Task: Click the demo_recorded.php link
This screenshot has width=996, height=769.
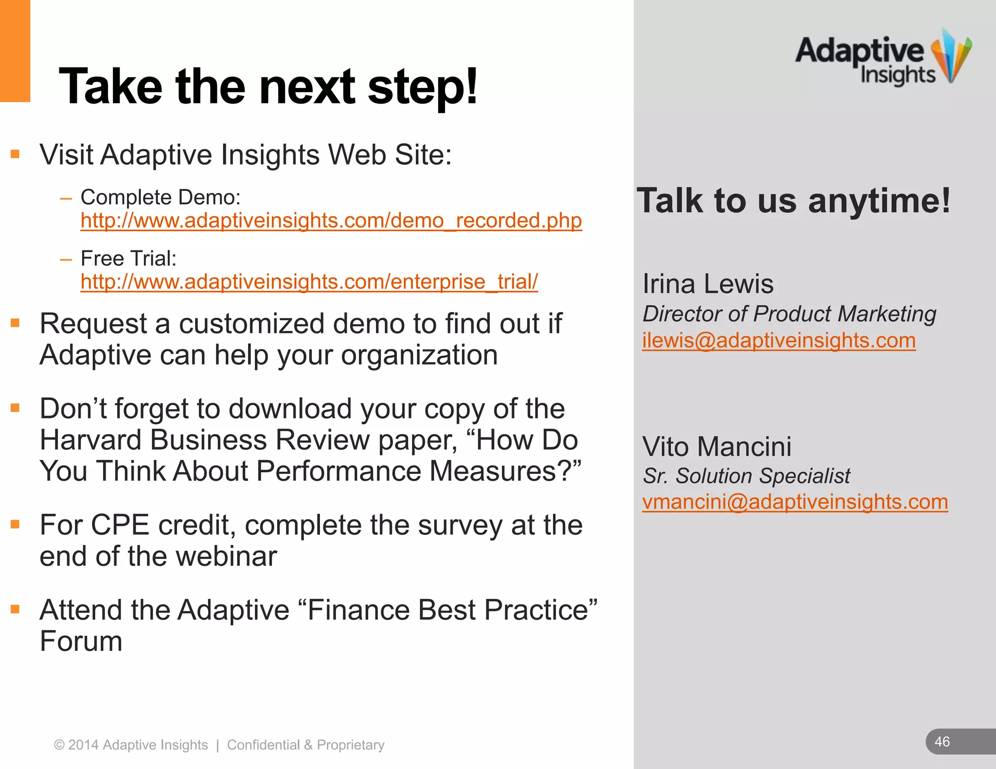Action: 331,221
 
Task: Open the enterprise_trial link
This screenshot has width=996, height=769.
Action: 309,282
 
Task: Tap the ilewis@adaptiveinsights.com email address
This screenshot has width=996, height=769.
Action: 779,340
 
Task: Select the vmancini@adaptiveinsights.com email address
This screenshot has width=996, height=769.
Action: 795,502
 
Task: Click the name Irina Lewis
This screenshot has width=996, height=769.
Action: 708,284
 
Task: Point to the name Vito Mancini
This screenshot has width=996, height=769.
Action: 716,446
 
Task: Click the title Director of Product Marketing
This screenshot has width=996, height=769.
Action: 789,314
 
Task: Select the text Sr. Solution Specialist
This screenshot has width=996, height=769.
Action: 746,476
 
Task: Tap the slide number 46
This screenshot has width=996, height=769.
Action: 942,742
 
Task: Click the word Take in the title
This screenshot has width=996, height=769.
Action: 110,87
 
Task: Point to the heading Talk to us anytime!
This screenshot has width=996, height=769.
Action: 793,201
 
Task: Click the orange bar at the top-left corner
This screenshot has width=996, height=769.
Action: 15,51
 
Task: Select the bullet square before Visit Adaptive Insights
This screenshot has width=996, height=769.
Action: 15,155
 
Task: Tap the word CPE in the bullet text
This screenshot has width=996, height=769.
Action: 120,525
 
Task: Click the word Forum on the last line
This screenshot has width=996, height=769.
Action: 81,641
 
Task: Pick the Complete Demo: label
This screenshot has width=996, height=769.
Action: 160,197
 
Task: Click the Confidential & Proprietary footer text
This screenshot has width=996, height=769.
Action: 305,745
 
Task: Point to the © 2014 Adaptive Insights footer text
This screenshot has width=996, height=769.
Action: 130,745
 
